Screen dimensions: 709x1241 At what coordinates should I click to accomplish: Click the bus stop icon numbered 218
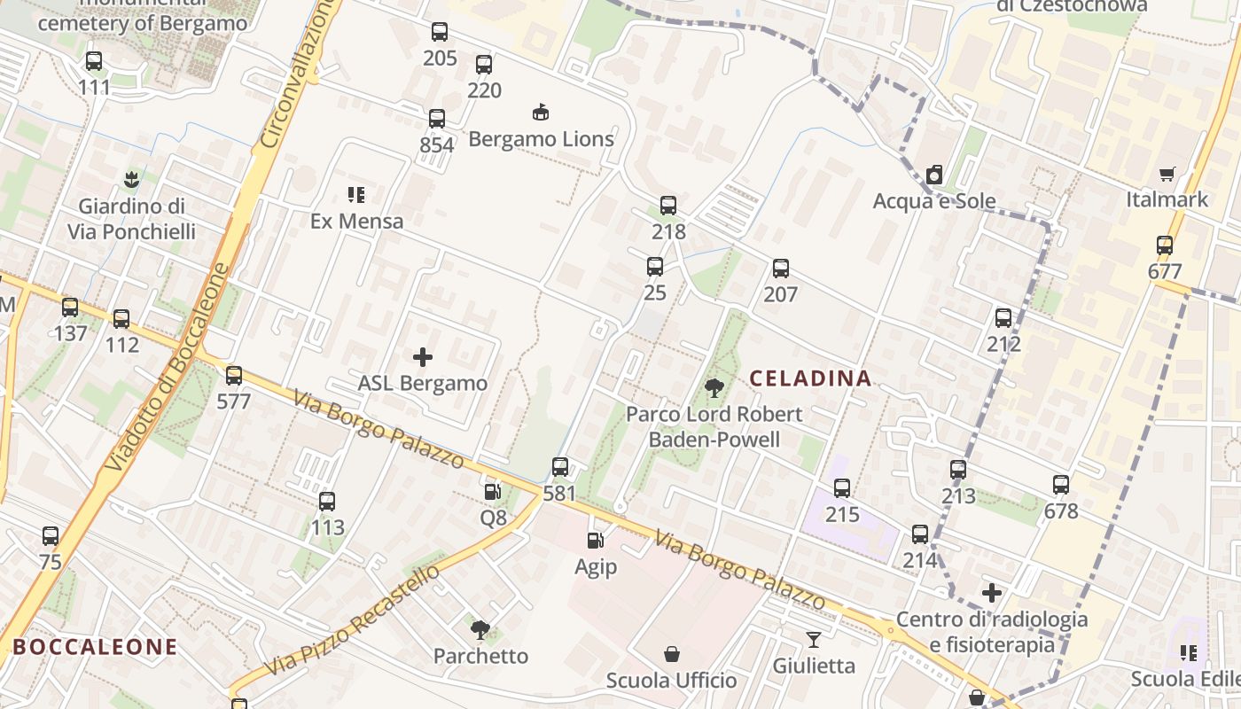[668, 206]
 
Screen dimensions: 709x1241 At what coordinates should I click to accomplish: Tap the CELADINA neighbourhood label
[810, 378]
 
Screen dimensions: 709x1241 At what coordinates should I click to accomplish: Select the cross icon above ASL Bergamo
[423, 357]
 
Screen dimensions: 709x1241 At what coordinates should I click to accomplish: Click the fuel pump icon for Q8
[492, 491]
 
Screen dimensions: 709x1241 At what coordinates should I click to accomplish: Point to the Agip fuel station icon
[596, 540]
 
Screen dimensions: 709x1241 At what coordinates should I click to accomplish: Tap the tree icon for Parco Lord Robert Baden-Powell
[714, 387]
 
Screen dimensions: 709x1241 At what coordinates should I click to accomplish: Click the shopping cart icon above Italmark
[1167, 174]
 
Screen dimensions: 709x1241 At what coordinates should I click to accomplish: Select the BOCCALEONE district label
[96, 647]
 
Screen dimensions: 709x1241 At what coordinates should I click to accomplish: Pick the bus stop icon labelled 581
[560, 467]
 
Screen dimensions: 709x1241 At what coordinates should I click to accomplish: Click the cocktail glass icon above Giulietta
[814, 639]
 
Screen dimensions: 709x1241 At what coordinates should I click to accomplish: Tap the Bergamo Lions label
[541, 139]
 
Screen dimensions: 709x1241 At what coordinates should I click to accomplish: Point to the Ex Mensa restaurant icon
[356, 194]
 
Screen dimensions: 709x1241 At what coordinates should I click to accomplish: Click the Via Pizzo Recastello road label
[352, 619]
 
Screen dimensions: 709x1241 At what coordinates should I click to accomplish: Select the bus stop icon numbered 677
[1165, 245]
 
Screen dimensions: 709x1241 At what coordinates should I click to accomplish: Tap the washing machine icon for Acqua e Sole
[934, 175]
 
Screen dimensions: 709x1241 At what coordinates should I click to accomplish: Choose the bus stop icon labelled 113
[327, 502]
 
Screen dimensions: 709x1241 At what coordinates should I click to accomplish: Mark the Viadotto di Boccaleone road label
[168, 367]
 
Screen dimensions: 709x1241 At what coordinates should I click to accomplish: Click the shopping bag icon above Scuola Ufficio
[672, 655]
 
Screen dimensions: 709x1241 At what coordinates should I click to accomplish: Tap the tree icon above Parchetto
[480, 630]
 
